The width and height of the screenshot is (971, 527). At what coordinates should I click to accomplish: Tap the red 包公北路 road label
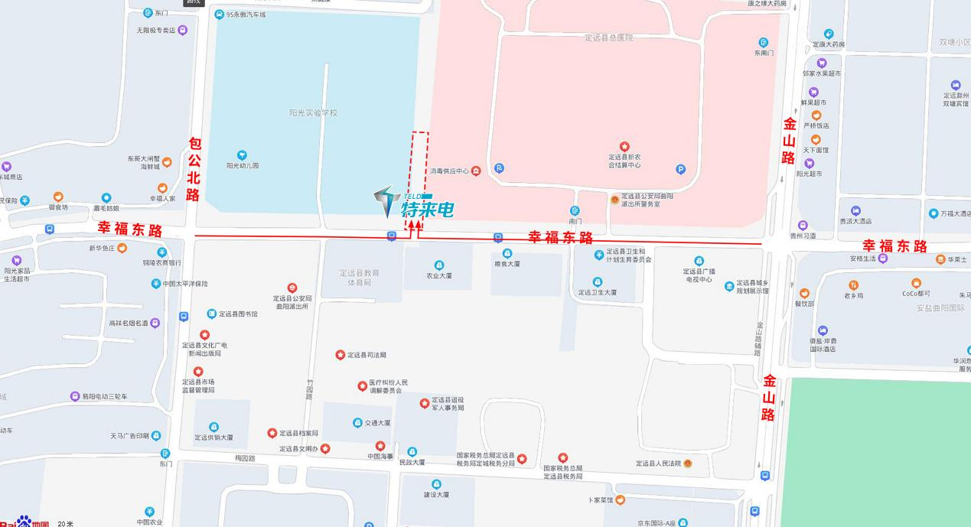pyautogui.click(x=194, y=170)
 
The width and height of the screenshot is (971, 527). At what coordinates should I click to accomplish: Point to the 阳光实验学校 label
pyautogui.click(x=313, y=113)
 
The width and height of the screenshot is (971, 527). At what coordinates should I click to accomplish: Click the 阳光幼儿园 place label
pyautogui.click(x=243, y=164)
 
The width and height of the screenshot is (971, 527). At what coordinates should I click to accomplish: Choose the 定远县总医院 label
pyautogui.click(x=608, y=37)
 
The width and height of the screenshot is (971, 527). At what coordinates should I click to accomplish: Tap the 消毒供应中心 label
pyautogui.click(x=449, y=171)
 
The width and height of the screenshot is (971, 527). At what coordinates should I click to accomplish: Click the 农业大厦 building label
pyautogui.click(x=438, y=275)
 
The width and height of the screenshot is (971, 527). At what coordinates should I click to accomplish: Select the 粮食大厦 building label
pyautogui.click(x=507, y=264)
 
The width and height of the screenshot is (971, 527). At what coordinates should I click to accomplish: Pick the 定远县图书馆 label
pyautogui.click(x=238, y=314)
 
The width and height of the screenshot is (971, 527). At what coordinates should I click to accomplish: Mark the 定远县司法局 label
pyautogui.click(x=367, y=355)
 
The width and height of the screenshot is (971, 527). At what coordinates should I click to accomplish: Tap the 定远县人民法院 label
pyautogui.click(x=658, y=464)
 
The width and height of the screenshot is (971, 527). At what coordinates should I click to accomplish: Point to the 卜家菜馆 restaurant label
pyautogui.click(x=601, y=500)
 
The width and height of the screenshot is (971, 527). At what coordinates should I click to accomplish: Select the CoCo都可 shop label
pyautogui.click(x=916, y=294)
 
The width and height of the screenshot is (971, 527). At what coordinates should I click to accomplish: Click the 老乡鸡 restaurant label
pyautogui.click(x=854, y=295)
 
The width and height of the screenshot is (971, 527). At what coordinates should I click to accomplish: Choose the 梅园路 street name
pyautogui.click(x=245, y=458)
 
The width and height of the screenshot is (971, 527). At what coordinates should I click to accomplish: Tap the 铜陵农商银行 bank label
pyautogui.click(x=161, y=262)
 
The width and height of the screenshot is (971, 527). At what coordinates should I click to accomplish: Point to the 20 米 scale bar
pyautogui.click(x=66, y=524)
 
